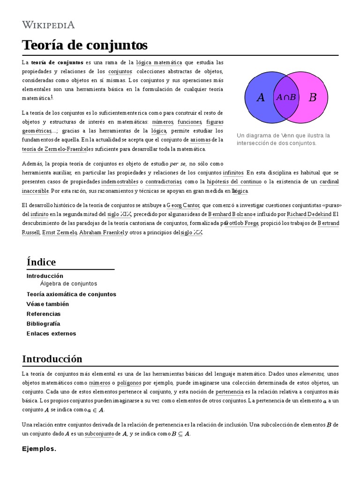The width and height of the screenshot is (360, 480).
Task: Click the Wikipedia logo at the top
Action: coord(48,25)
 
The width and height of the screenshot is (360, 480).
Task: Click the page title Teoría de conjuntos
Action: coord(84,45)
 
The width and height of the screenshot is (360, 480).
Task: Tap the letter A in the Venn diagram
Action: coord(261,97)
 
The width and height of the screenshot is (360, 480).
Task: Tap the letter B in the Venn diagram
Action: coord(313,97)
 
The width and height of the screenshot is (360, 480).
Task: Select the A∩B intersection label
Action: coord(286,97)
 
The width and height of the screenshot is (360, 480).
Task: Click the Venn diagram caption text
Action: coord(283,139)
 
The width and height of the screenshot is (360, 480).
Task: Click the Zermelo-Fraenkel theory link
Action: coord(50,149)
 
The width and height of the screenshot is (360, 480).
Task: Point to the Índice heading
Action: coord(41,262)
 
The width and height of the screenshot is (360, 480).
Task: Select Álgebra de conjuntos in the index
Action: coord(68,284)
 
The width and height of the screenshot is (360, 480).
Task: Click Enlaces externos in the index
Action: coord(51,334)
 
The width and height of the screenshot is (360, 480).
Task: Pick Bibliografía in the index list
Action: coord(43,324)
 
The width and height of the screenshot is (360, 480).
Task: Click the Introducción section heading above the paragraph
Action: coord(52,359)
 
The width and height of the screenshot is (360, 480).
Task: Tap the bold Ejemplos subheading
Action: coord(39,449)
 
